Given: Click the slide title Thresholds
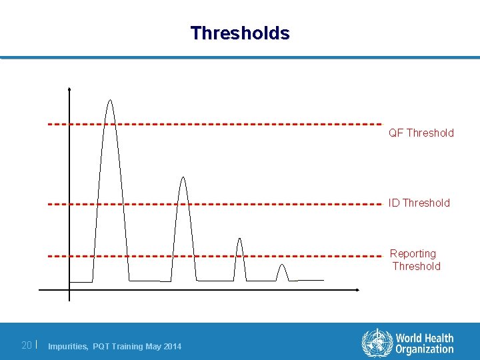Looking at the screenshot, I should click(240, 33).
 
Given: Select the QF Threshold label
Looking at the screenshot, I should click(421, 133).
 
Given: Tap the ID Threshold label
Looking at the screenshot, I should click(419, 203).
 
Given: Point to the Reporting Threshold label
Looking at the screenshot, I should click(414, 260).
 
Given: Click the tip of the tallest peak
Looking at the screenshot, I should click(110, 101).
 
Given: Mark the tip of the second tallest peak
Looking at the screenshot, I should click(183, 178).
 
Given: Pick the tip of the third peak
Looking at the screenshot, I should click(240, 239).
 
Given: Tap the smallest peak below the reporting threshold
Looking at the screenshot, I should click(282, 266).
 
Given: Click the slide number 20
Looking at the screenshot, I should click(27, 345).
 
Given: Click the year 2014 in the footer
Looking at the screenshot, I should click(171, 346).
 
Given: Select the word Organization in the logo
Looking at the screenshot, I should click(424, 349).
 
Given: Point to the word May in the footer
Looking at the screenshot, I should click(153, 346).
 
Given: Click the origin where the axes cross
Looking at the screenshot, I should click(69, 290).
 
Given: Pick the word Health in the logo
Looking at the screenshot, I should click(439, 339).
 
